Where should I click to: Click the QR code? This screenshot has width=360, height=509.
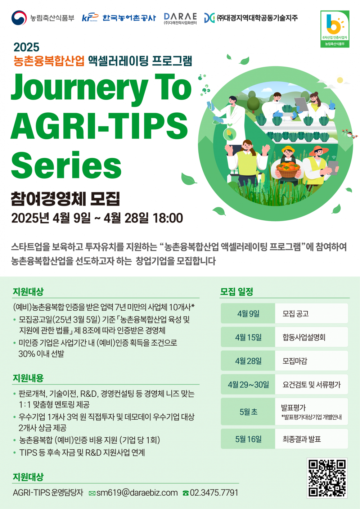point(327,478)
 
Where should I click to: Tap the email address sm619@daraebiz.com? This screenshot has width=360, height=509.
point(137,492)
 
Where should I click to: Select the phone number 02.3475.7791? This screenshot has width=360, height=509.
point(214,492)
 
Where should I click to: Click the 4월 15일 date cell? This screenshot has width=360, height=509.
point(248,337)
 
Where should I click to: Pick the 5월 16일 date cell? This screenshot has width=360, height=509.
point(248,439)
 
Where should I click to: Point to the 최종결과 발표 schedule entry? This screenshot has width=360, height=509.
point(302,439)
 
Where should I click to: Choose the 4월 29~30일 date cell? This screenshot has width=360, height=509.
point(248,384)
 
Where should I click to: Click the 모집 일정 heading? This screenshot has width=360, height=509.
point(237,292)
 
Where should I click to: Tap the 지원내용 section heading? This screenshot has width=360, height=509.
point(28,378)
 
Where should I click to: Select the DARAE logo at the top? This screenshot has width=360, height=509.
point(180,18)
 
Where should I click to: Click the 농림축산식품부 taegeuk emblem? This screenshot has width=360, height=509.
point(19,18)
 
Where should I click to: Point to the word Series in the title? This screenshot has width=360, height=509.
point(66,165)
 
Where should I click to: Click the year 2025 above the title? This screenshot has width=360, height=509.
point(26,47)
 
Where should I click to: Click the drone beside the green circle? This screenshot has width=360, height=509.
point(348,134)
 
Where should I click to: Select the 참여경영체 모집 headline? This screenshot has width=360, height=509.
point(65,198)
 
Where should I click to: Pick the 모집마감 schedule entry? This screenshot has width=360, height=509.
point(295,361)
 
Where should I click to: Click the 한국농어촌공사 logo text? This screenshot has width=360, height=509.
point(129,18)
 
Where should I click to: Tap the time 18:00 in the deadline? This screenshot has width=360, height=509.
point(168,218)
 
